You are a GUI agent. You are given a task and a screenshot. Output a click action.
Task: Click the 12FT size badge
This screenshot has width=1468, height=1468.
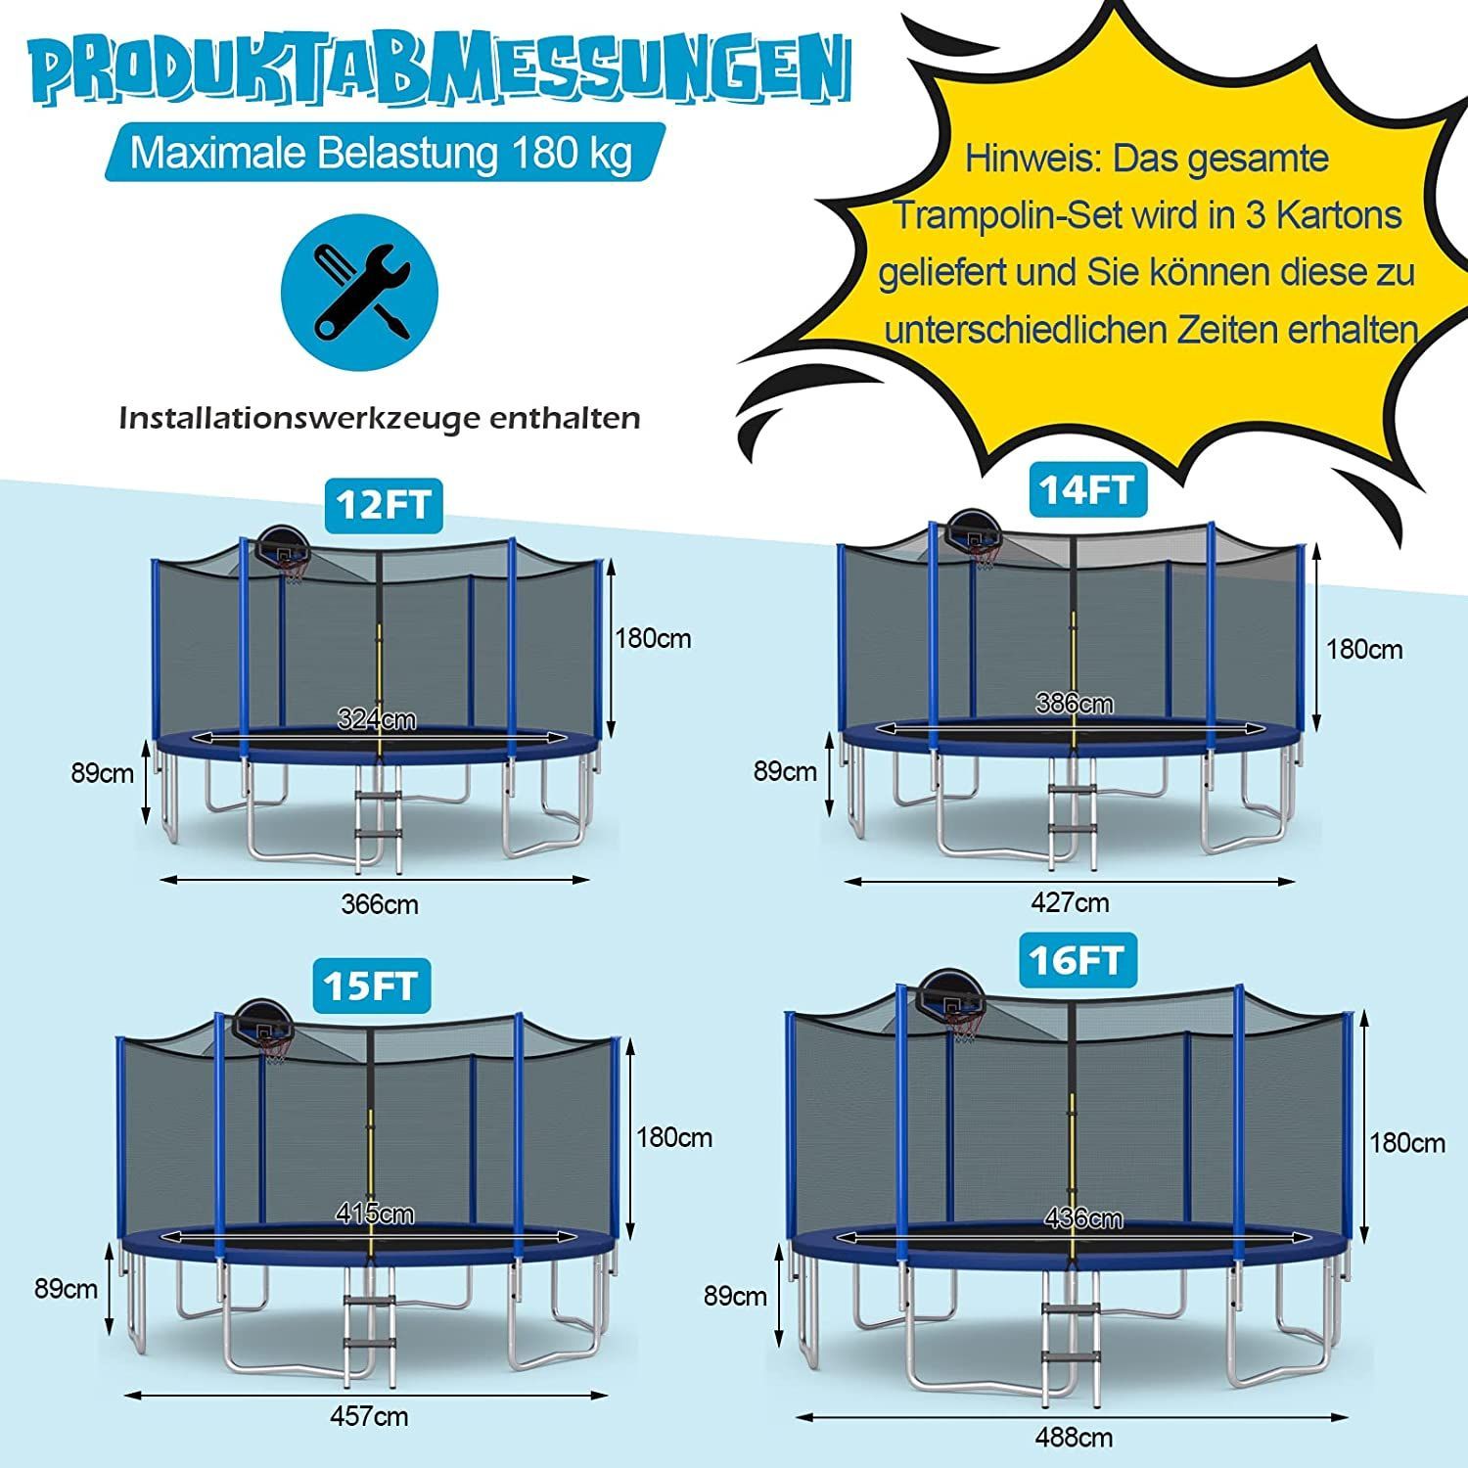(382, 505)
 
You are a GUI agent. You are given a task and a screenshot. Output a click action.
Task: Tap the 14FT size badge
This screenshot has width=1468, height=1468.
(1086, 489)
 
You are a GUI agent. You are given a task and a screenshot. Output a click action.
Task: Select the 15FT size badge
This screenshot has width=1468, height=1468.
(371, 985)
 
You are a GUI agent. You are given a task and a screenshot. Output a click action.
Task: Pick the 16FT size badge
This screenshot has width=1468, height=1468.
(1077, 960)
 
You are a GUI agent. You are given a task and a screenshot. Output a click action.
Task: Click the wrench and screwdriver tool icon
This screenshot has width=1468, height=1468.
(360, 291)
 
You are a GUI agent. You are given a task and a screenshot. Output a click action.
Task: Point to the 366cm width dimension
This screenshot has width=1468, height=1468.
(380, 904)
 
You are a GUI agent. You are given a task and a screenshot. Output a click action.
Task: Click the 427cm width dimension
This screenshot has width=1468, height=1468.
(1071, 902)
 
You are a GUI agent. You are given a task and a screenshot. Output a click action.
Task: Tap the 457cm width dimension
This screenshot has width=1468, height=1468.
(369, 1416)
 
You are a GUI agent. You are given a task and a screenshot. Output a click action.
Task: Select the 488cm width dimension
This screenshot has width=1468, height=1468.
(1074, 1438)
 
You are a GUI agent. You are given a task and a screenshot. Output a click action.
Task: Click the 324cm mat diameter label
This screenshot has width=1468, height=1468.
(377, 720)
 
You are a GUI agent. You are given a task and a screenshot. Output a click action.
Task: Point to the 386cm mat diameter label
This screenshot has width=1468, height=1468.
(1075, 704)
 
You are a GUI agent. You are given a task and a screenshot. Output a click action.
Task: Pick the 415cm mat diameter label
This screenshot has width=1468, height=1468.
(375, 1215)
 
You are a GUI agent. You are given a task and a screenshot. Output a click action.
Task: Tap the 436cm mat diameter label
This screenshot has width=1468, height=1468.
(1083, 1219)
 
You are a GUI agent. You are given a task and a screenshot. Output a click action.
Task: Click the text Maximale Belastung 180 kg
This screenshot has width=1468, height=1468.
(382, 154)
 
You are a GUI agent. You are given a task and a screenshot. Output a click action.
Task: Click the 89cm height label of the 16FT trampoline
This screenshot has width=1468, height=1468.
(735, 1297)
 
